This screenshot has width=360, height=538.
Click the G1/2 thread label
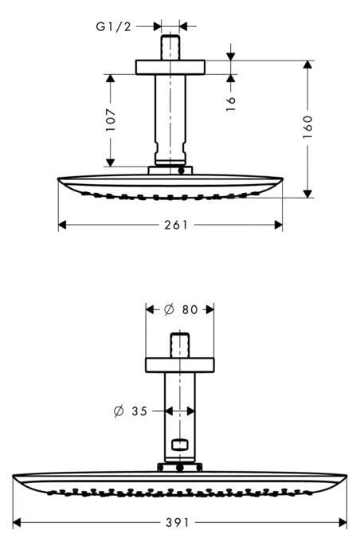(x=113, y=26)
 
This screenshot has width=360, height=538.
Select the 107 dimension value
(x=111, y=120)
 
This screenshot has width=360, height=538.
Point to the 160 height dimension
(x=308, y=126)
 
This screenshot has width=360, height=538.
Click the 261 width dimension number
(x=170, y=225)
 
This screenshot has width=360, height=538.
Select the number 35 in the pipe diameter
(x=140, y=411)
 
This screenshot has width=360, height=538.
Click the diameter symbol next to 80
(x=168, y=310)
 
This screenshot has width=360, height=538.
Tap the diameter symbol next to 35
(x=119, y=411)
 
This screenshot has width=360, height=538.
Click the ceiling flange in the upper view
(x=170, y=67)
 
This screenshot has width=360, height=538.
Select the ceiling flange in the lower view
(x=179, y=365)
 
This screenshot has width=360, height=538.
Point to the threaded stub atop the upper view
(x=170, y=45)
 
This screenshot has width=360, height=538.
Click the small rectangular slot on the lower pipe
(x=180, y=445)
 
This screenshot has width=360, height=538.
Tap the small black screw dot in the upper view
(x=182, y=170)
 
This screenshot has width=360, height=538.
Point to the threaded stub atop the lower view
(x=179, y=347)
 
